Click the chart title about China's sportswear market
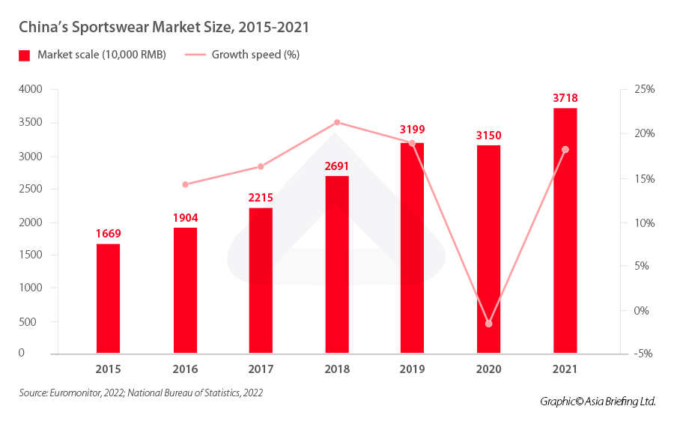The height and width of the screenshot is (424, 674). [x=164, y=27]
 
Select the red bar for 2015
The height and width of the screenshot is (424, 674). [x=108, y=298]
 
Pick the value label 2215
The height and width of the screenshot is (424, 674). [x=261, y=198]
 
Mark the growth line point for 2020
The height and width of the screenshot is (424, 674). [x=489, y=324]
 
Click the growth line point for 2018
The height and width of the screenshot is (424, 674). [x=337, y=122]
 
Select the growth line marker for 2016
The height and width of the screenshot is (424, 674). [x=185, y=184]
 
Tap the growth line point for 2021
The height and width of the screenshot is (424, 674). [x=565, y=150]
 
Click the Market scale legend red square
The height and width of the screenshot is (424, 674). [x=25, y=55]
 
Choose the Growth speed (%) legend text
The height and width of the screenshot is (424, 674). [x=255, y=55]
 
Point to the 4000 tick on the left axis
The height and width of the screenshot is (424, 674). [x=30, y=89]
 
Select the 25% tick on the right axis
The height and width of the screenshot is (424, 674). [x=643, y=89]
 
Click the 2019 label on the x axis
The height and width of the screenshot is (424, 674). [x=412, y=369]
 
